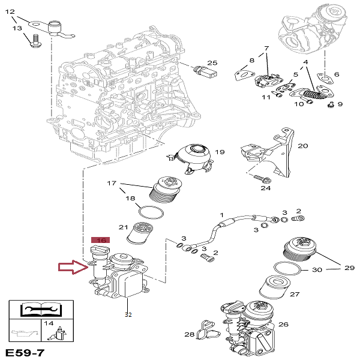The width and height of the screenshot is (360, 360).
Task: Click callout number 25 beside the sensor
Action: click(212, 62)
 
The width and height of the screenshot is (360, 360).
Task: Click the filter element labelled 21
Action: click(139, 233)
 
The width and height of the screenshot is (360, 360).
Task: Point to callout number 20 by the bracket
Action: click(302, 145)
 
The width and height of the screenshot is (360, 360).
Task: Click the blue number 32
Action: click(127, 313)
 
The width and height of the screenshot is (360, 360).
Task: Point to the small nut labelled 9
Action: click(331, 104)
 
